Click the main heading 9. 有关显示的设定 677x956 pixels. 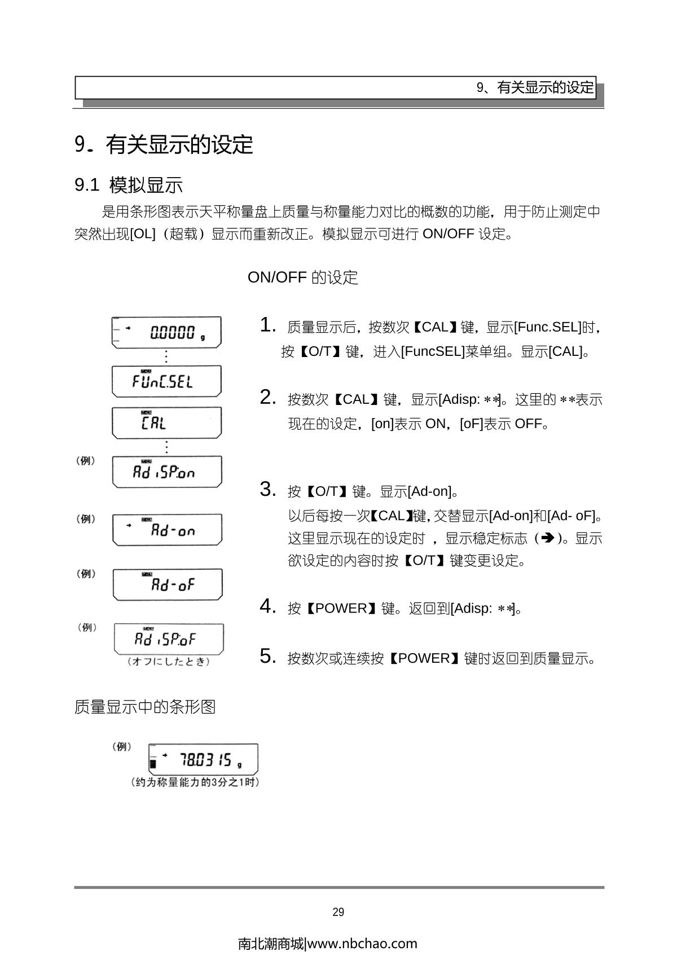tap(164, 145)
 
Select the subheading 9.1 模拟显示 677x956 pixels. tap(129, 185)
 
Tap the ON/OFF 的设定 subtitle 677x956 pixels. tap(302, 277)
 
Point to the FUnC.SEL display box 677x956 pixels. tap(166, 381)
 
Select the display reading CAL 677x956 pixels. tap(166, 422)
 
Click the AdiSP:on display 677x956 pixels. tap(167, 472)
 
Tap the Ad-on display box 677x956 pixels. tap(167, 530)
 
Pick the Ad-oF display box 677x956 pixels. tap(168, 584)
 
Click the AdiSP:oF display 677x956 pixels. tap(168, 638)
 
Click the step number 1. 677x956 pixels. tap(267, 325)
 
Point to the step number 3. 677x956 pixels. tap(267, 490)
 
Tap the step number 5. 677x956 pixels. tap(267, 657)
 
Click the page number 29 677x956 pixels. tap(338, 912)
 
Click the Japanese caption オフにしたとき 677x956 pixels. tap(169, 661)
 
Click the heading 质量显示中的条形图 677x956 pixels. tap(145, 707)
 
